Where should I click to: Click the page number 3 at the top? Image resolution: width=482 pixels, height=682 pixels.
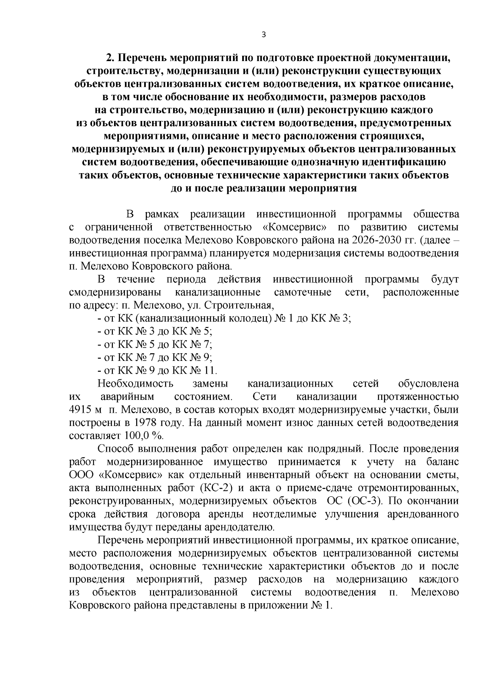pyautogui.click(x=263, y=35)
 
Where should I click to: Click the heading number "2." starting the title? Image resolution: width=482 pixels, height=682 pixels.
pyautogui.click(x=110, y=57)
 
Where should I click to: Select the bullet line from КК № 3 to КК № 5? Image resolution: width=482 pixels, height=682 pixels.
pyautogui.click(x=155, y=332)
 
